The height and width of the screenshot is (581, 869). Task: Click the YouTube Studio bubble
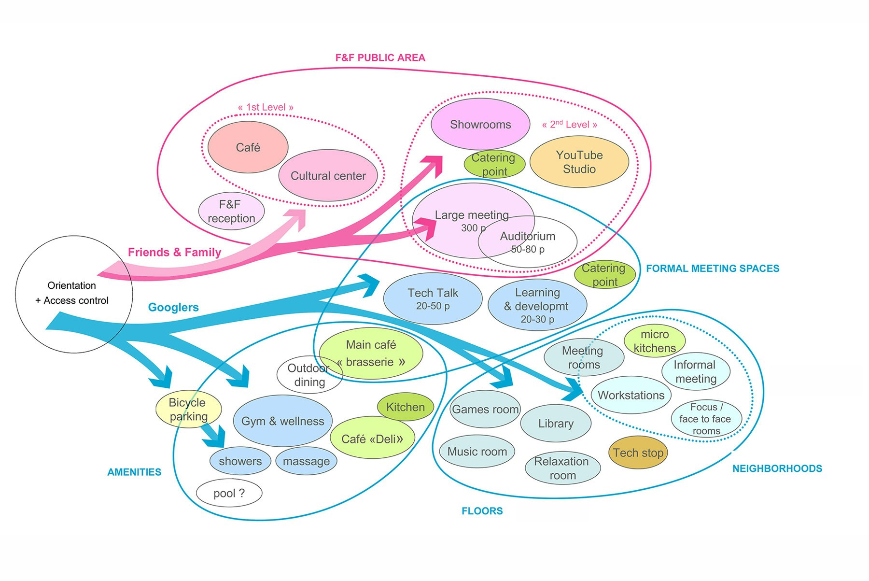(x=579, y=162)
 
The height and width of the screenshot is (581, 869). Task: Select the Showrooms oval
(x=480, y=125)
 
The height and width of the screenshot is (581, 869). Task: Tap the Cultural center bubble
(x=328, y=176)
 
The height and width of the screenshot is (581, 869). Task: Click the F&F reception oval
(x=231, y=212)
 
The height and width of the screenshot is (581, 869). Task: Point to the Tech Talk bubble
(x=433, y=299)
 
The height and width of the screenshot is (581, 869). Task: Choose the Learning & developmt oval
(x=537, y=305)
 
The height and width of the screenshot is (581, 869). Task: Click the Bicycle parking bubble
(x=188, y=409)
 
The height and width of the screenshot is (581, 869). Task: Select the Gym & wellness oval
(x=282, y=421)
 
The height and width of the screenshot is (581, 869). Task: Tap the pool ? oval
(x=229, y=493)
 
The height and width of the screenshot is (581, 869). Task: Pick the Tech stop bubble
(x=638, y=453)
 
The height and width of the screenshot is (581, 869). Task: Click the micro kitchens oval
(x=654, y=341)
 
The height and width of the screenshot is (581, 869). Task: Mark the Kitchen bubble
(x=405, y=407)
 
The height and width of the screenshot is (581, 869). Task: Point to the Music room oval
(x=477, y=452)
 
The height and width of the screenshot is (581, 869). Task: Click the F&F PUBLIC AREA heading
(x=380, y=58)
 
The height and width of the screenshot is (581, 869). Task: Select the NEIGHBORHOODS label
(x=777, y=468)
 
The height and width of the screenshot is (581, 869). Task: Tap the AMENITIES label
(x=134, y=472)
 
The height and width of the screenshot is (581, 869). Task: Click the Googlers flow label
(x=173, y=307)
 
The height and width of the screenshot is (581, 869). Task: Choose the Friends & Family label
(x=174, y=252)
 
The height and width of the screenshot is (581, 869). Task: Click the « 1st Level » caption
(x=266, y=107)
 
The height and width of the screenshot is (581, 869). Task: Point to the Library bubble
(x=556, y=424)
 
